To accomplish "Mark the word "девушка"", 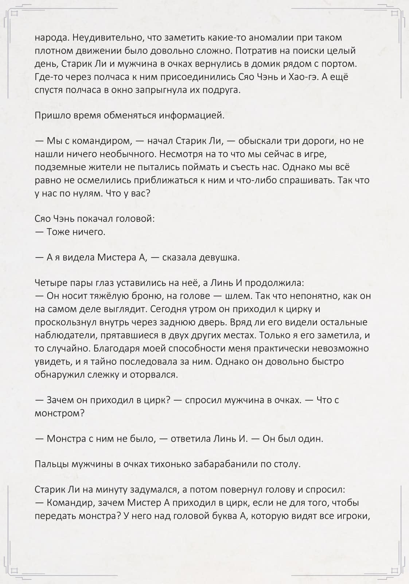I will (x=219, y=258).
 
